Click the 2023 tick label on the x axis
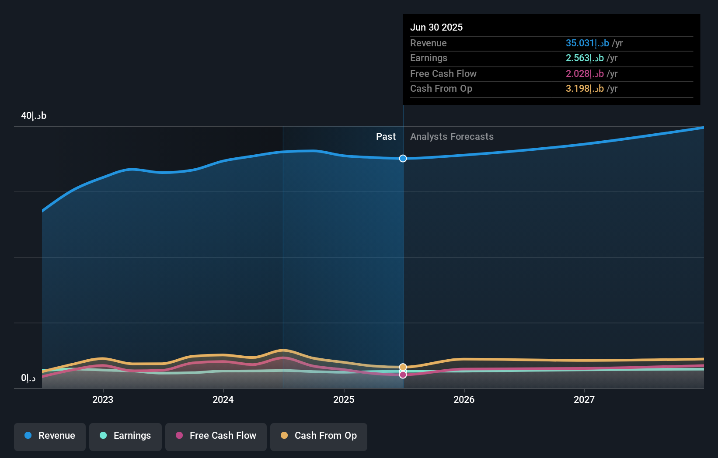tap(103, 399)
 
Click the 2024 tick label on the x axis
tap(223, 399)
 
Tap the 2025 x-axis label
tap(344, 399)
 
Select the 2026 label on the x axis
tap(464, 399)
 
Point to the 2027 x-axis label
tap(584, 399)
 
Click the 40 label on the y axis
tap(34, 116)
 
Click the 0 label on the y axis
tap(28, 378)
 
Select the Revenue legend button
tap(50, 436)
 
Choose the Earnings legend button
tap(125, 436)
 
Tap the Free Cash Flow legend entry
tap(216, 436)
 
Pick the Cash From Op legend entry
tap(319, 436)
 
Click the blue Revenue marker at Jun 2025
tap(403, 158)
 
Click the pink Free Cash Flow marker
tap(403, 375)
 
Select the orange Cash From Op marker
tap(403, 367)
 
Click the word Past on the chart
tap(386, 137)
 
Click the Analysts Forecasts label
tap(452, 137)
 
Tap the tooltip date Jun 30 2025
tap(436, 27)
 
